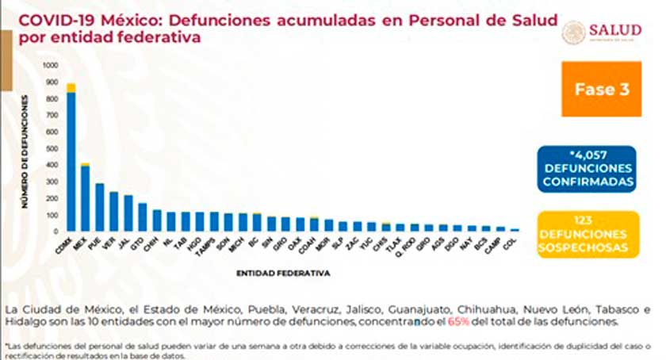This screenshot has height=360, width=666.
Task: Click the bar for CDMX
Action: point(71,159)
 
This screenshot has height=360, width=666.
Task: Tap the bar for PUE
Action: point(100,206)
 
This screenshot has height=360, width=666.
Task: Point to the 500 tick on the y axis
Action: point(52,148)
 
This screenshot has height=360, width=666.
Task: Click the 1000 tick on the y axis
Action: point(50,65)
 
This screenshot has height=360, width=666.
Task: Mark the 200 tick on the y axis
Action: point(52,198)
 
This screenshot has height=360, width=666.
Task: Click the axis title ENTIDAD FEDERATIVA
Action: point(283,274)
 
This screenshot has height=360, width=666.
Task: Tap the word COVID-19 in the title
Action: point(46,21)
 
